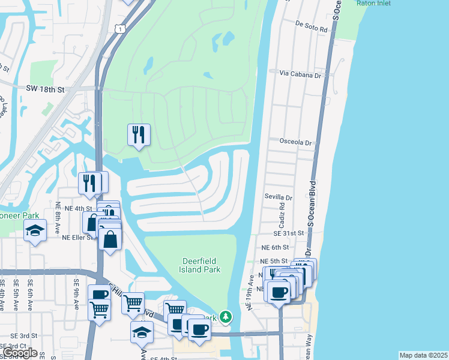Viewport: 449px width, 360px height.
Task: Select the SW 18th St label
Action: tap(45, 89)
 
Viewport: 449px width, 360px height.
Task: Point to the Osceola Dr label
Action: tap(296, 143)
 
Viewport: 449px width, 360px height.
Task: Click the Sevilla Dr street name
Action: tap(279, 197)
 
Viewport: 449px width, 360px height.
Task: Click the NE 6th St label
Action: tap(275, 247)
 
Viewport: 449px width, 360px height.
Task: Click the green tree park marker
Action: tap(225, 316)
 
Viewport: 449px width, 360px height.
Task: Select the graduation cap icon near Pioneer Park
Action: tap(35, 230)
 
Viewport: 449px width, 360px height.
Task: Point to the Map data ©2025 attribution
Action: tap(423, 355)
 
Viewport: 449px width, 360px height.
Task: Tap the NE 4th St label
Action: tap(78, 208)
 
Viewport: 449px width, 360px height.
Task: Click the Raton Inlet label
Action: tap(373, 3)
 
